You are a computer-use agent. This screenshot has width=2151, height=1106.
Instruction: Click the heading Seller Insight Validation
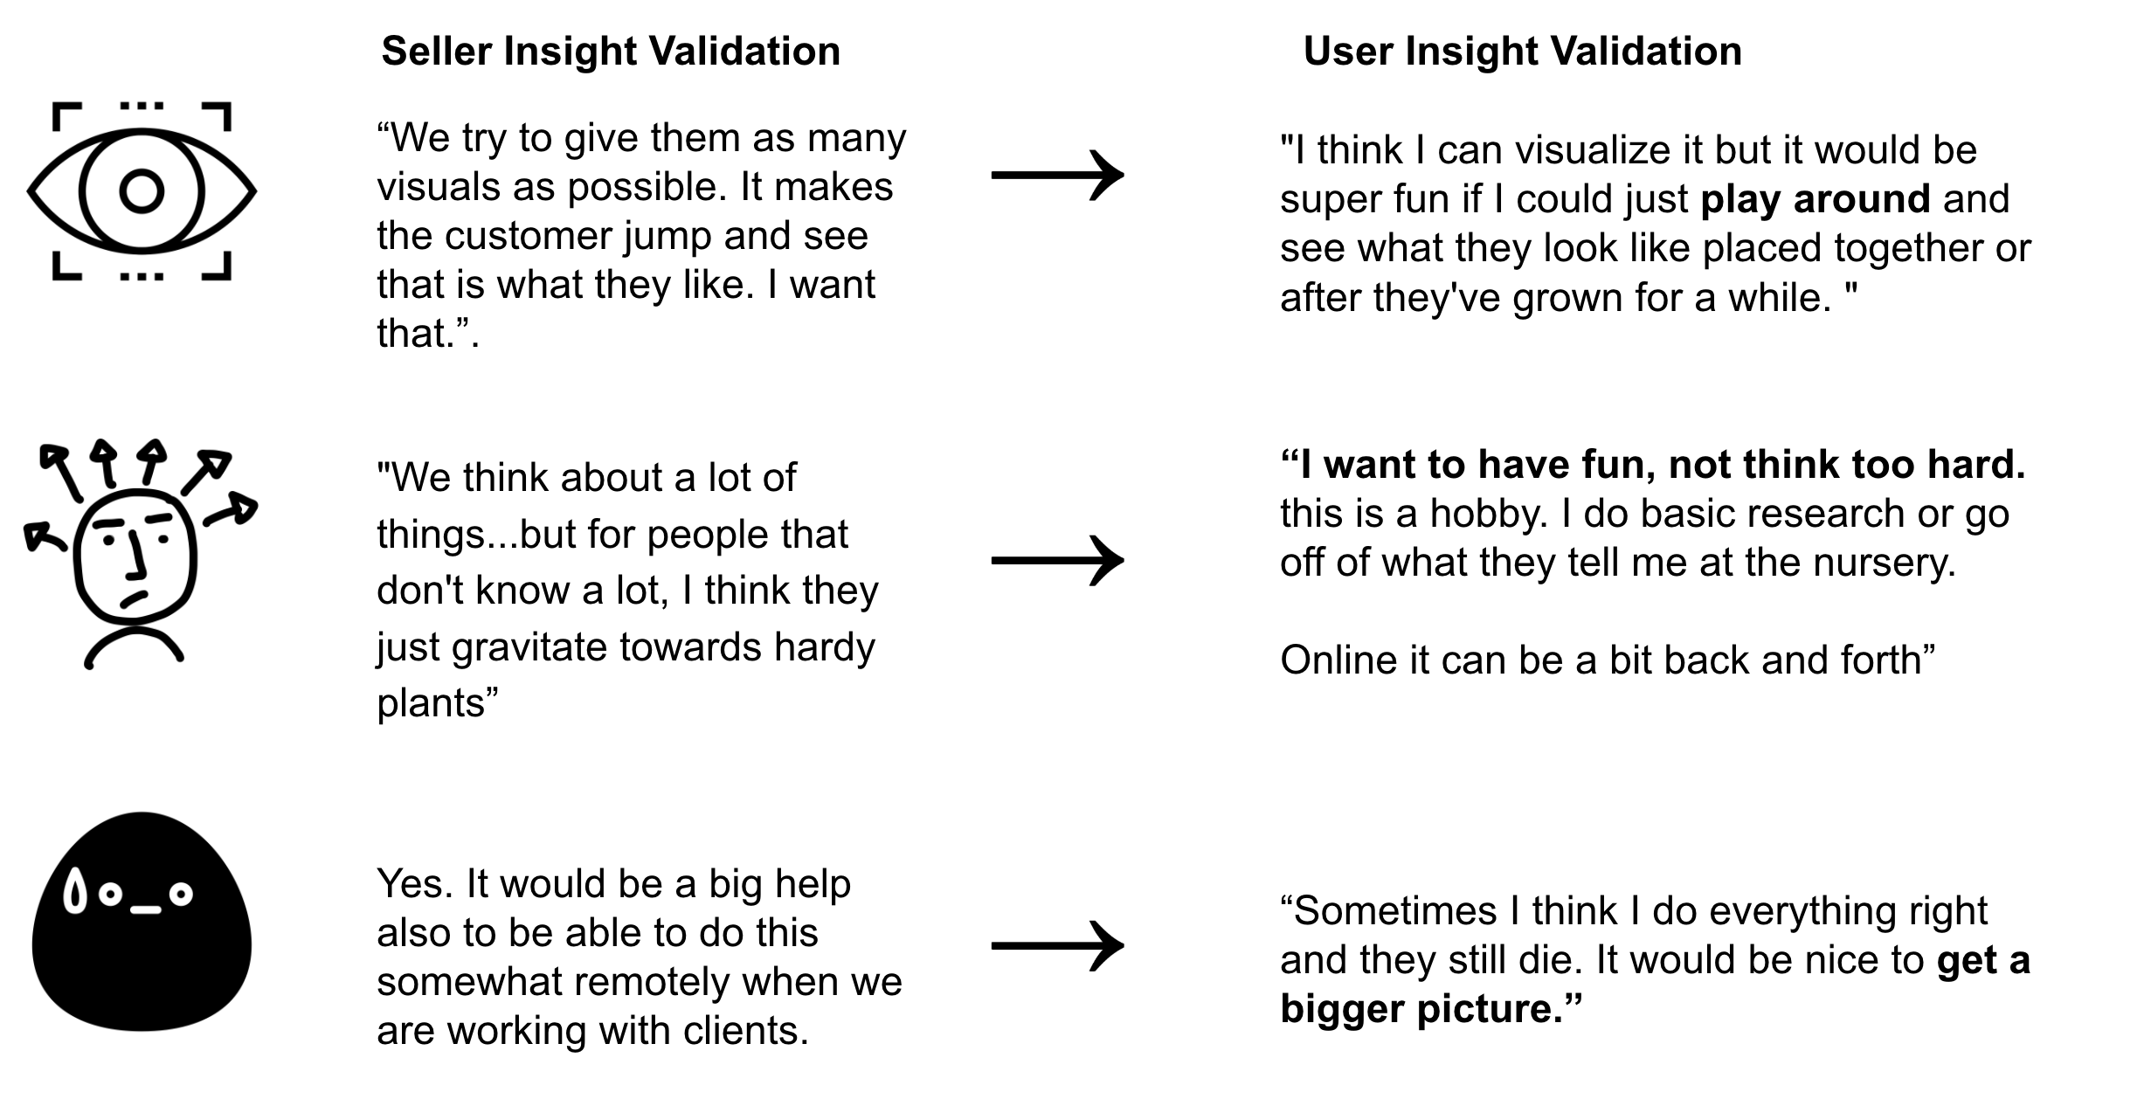pyautogui.click(x=611, y=51)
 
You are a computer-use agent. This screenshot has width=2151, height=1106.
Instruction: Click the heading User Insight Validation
pyautogui.click(x=1522, y=51)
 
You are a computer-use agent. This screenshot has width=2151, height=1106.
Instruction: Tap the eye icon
pyautogui.click(x=142, y=191)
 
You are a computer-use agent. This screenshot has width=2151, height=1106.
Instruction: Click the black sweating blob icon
pyautogui.click(x=142, y=922)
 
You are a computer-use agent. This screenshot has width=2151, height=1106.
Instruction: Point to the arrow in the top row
pyautogui.click(x=1057, y=175)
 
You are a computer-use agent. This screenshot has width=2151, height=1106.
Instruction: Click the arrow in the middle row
pyautogui.click(x=1057, y=560)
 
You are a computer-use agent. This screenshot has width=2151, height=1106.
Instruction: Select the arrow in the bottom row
pyautogui.click(x=1057, y=945)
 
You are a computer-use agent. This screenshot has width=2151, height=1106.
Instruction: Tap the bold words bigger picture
pyautogui.click(x=1421, y=1010)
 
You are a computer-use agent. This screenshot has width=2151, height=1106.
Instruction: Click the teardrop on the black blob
pyautogui.click(x=76, y=892)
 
